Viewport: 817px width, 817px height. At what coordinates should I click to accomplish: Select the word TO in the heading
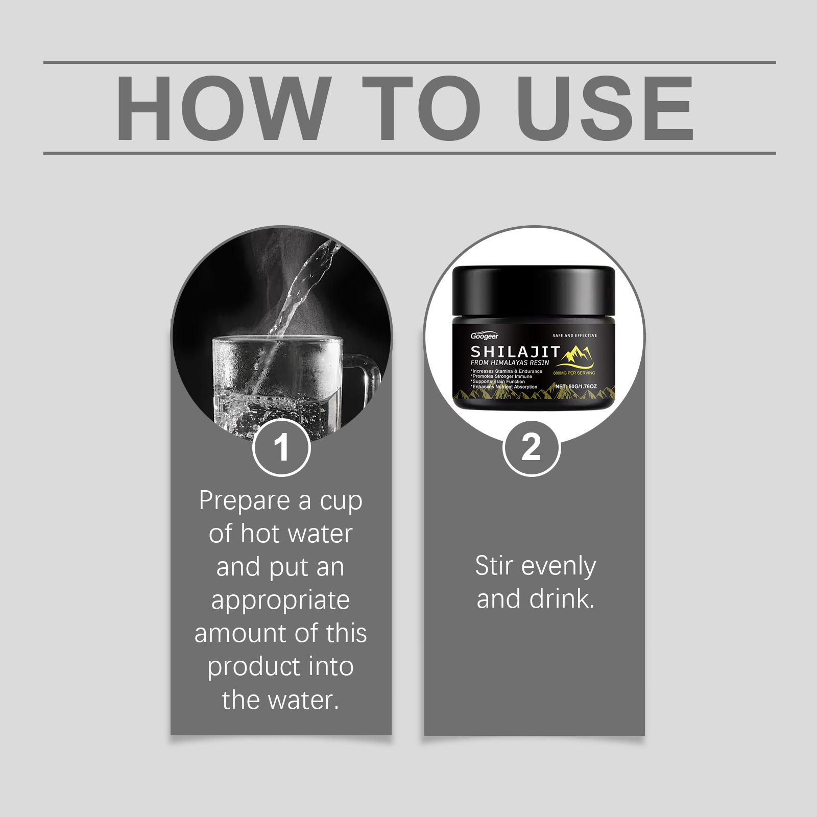[x=422, y=108]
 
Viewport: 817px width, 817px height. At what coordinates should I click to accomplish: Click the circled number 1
[x=281, y=448]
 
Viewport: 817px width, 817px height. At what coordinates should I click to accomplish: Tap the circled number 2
[x=532, y=448]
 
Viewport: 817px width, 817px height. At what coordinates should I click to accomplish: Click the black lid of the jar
[x=534, y=291]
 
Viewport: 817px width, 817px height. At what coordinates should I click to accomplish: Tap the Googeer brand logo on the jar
[x=484, y=336]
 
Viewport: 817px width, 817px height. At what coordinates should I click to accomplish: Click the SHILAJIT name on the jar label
[x=515, y=351]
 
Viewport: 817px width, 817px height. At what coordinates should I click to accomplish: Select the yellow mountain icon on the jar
[x=574, y=356]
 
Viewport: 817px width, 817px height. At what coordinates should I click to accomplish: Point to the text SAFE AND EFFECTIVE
[x=574, y=335]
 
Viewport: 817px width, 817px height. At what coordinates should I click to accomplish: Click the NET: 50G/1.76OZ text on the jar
[x=576, y=387]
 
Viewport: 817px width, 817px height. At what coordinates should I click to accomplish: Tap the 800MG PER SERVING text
[x=574, y=373]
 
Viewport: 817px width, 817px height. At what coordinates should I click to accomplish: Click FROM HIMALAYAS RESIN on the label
[x=510, y=363]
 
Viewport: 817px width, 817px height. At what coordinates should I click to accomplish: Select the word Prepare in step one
[x=245, y=501]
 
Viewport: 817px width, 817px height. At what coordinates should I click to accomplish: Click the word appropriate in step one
[x=280, y=601]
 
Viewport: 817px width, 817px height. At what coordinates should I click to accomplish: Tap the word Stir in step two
[x=494, y=566]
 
